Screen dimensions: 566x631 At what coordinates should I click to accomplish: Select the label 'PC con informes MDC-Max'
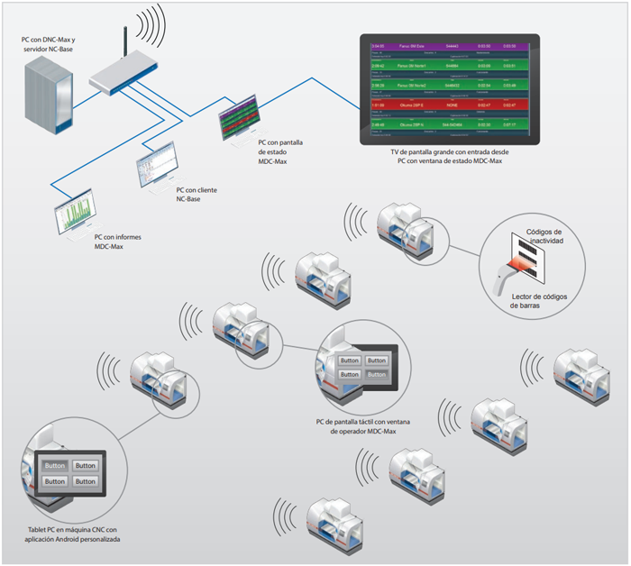117,242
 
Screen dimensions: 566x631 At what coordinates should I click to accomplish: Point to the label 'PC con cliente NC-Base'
197,195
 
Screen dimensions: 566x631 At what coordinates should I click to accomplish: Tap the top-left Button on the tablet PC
55,466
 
